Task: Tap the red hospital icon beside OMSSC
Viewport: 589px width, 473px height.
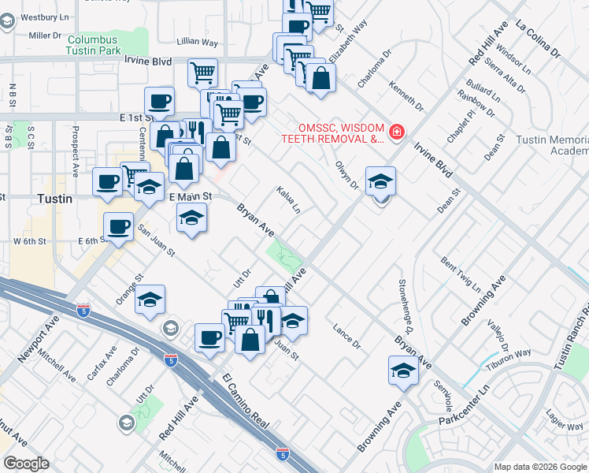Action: (398, 131)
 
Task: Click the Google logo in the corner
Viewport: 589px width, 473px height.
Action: (25, 464)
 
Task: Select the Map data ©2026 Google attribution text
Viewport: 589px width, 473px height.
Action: (540, 467)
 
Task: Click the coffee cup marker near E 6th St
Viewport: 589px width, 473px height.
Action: (119, 226)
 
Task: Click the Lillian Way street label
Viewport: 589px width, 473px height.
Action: (198, 42)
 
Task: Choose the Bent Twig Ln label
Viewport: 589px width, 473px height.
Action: (461, 272)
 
